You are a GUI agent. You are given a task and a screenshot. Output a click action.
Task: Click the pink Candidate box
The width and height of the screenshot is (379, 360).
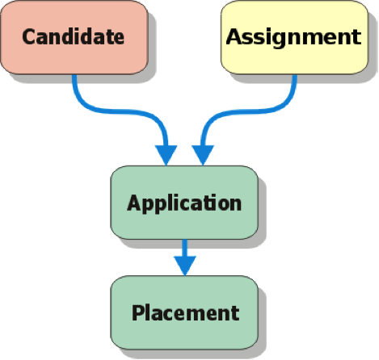pyautogui.click(x=74, y=37)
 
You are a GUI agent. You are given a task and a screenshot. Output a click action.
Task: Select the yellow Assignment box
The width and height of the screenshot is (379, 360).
pyautogui.click(x=294, y=37)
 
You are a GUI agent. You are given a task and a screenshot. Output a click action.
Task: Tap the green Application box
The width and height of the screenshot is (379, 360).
pyautogui.click(x=184, y=203)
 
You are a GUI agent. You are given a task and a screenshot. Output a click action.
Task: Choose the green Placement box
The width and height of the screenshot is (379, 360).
pyautogui.click(x=184, y=312)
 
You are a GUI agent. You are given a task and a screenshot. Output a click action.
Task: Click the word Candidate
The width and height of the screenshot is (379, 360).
pyautogui.click(x=74, y=37)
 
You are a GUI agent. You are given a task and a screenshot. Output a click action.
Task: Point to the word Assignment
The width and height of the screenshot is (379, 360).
pyautogui.click(x=293, y=38)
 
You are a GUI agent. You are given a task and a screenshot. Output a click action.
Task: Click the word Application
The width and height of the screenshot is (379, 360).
pyautogui.click(x=184, y=204)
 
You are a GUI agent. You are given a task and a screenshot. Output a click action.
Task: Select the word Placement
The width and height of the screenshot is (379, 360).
pyautogui.click(x=186, y=313)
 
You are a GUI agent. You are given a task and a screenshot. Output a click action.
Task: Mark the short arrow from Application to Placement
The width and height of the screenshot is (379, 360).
pyautogui.click(x=185, y=257)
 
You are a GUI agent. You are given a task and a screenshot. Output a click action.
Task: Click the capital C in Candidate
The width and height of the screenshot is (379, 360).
pyautogui.click(x=29, y=37)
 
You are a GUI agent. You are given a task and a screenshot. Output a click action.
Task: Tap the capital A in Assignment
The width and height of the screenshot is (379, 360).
pyautogui.click(x=234, y=36)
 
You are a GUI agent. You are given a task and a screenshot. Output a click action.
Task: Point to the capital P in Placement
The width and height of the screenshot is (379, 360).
pyautogui.click(x=138, y=312)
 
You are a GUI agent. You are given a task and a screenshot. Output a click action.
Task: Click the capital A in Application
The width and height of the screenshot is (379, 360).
pyautogui.click(x=134, y=203)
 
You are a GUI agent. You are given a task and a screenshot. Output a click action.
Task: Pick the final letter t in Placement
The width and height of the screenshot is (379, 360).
pyautogui.click(x=235, y=314)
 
